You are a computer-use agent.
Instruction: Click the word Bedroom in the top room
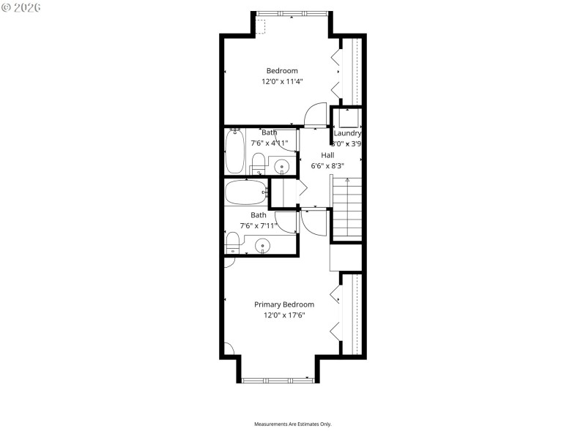[282, 71]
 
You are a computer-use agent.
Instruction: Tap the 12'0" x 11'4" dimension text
[282, 82]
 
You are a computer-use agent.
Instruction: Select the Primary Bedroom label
[284, 304]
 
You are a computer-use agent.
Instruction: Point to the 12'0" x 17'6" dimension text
[284, 315]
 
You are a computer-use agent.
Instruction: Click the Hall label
[327, 155]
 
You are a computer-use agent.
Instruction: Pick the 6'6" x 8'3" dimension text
[327, 165]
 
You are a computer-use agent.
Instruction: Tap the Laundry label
[347, 134]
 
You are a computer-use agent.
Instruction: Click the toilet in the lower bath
[232, 241]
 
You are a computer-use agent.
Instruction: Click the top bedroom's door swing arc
[315, 114]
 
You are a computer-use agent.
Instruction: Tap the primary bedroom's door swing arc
[312, 222]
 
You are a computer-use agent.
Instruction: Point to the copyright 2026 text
[21, 7]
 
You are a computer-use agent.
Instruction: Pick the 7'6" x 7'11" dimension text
[259, 225]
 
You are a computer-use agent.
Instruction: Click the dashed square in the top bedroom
[261, 26]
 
